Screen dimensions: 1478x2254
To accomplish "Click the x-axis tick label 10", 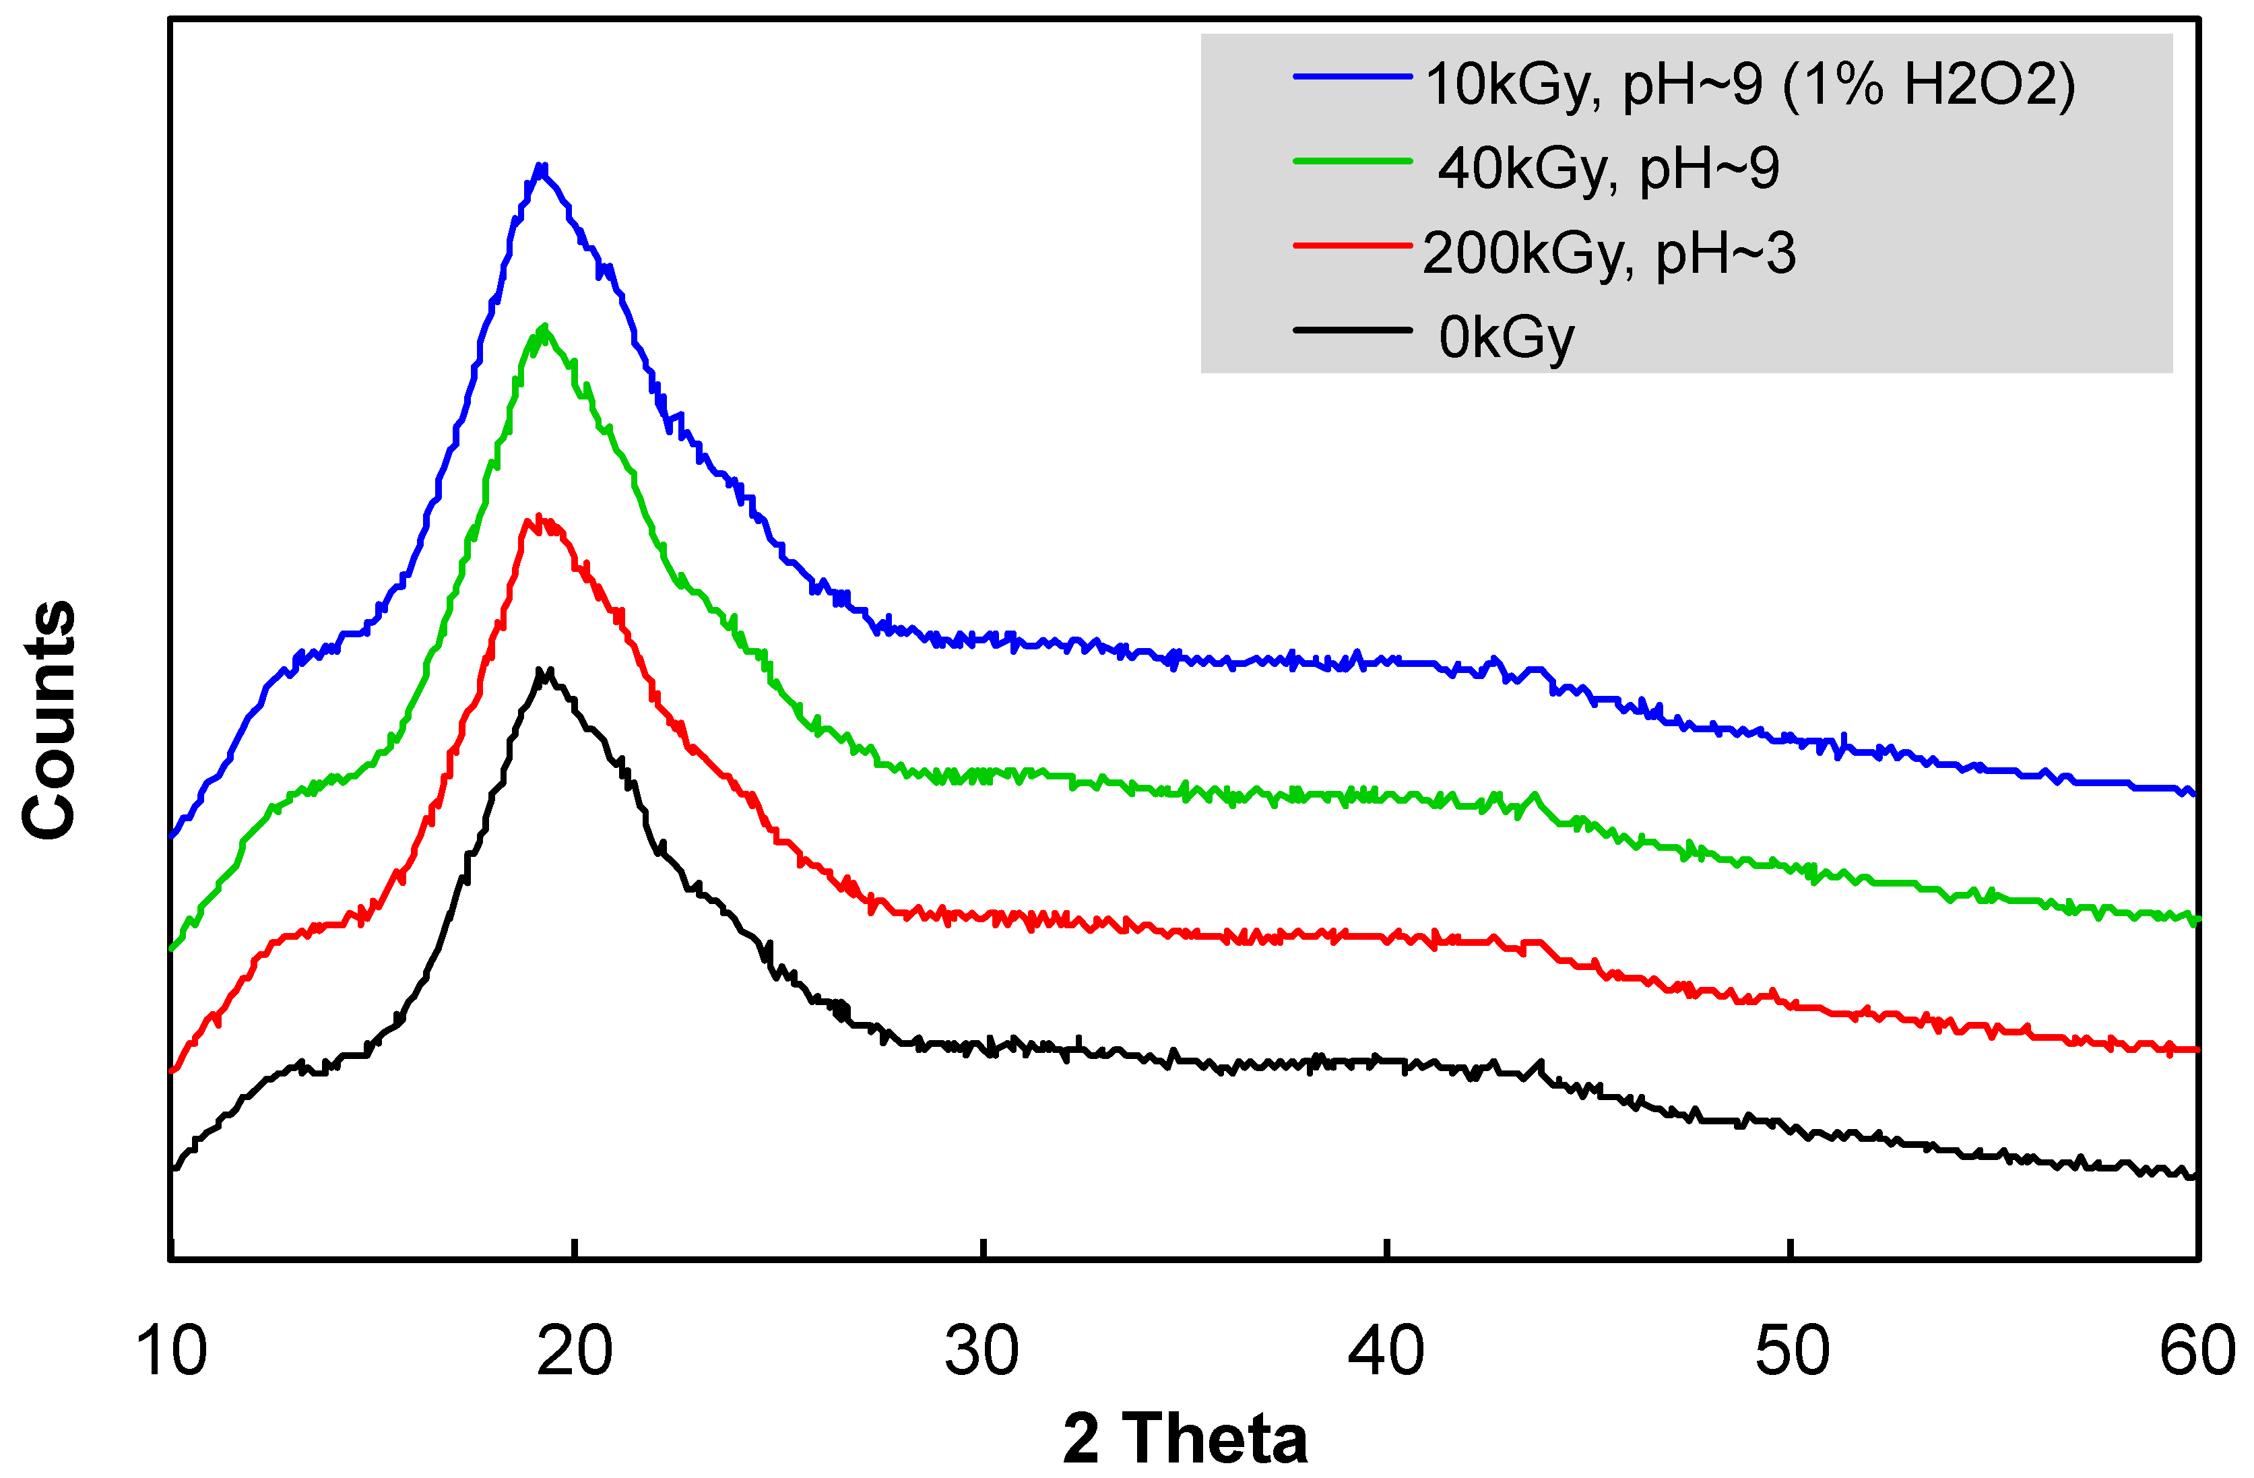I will pyautogui.click(x=171, y=1352).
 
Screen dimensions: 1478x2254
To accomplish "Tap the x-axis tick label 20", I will pyautogui.click(x=575, y=1352).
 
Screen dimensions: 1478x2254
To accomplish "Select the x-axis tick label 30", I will pyautogui.click(x=982, y=1352).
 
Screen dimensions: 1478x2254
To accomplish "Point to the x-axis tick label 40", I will pyautogui.click(x=1386, y=1352).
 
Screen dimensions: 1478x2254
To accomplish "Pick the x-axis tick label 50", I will pyautogui.click(x=1792, y=1352).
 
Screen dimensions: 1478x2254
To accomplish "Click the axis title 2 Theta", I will pyautogui.click(x=1185, y=1438).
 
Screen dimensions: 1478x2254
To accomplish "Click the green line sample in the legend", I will pyautogui.click(x=1353, y=162).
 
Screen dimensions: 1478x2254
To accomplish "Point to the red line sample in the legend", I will pyautogui.click(x=1353, y=246).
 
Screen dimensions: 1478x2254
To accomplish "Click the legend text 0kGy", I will pyautogui.click(x=1506, y=338).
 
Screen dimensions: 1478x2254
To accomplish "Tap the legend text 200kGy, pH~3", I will pyautogui.click(x=1608, y=254).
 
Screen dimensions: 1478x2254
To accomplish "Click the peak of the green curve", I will pyautogui.click(x=544, y=327).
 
